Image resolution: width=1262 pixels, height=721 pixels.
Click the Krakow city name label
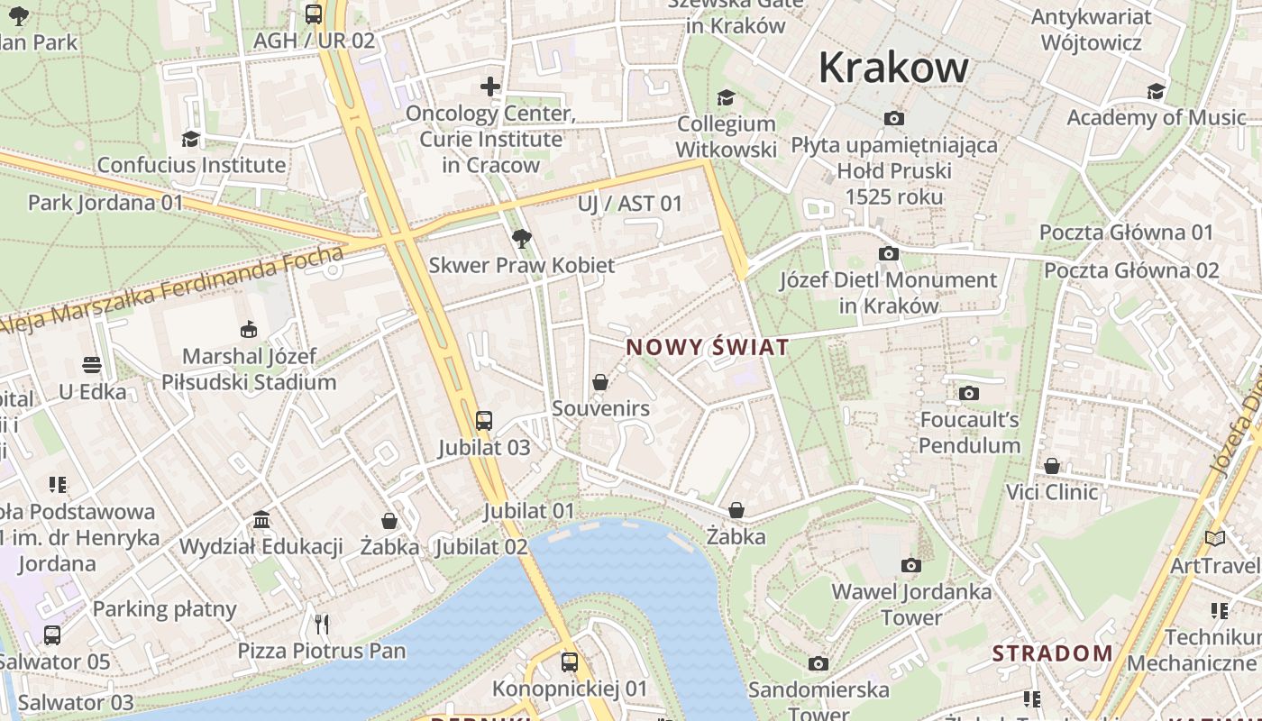pyautogui.click(x=893, y=68)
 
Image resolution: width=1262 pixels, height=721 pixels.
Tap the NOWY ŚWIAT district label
pyautogui.click(x=708, y=347)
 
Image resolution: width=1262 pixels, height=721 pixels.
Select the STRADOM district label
pyautogui.click(x=1053, y=653)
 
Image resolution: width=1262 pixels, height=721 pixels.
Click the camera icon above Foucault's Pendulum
pyautogui.click(x=969, y=393)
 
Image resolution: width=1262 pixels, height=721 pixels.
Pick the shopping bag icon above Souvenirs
pyautogui.click(x=600, y=382)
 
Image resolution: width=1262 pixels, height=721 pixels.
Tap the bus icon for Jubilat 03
pyautogui.click(x=484, y=420)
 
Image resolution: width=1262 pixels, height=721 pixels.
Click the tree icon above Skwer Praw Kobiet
pyautogui.click(x=521, y=239)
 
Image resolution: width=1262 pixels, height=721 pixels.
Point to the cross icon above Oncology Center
pyautogui.click(x=490, y=87)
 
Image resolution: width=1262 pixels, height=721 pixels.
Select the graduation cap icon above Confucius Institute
pyautogui.click(x=190, y=139)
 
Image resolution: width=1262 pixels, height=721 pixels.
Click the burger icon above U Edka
pyautogui.click(x=92, y=365)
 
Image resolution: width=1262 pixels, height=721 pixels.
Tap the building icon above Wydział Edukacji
pyautogui.click(x=261, y=520)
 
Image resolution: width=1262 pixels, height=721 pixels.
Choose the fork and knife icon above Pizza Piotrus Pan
pyautogui.click(x=322, y=624)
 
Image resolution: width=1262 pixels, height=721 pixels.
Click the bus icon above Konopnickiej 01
pyautogui.click(x=569, y=662)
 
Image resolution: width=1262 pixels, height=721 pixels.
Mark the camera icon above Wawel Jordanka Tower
pyautogui.click(x=911, y=565)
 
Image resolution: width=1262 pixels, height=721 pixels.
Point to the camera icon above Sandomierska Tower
pyautogui.click(x=818, y=664)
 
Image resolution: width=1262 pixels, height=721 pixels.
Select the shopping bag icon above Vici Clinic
pyautogui.click(x=1052, y=466)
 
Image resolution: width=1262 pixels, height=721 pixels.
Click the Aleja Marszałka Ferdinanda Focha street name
pyautogui.click(x=171, y=291)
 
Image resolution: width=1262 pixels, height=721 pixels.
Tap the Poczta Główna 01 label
pyautogui.click(x=1127, y=232)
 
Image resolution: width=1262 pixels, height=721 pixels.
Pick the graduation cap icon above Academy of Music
pyautogui.click(x=1156, y=91)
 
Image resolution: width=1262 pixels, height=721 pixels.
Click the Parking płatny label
pyautogui.click(x=165, y=609)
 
